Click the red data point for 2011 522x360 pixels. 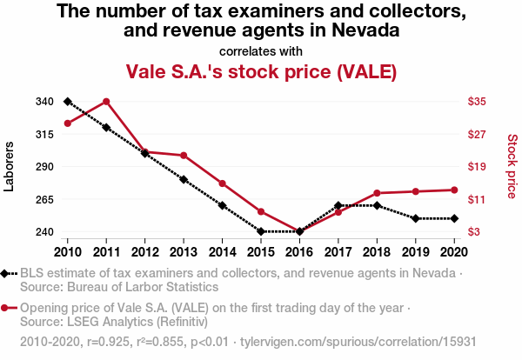point(106,102)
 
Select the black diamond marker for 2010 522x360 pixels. point(68,102)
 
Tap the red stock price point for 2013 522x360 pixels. point(184,156)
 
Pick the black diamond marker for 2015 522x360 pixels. point(261,231)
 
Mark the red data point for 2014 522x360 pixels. point(223,183)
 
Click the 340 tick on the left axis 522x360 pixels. point(45,102)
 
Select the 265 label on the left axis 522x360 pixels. point(45,200)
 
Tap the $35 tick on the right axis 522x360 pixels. point(477,102)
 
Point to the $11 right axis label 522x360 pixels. point(477,200)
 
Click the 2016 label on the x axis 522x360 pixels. point(300,251)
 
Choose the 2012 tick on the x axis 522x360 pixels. point(145,251)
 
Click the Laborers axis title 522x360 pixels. point(10,166)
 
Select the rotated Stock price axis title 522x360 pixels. point(512,166)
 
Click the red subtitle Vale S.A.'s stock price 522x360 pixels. point(261,70)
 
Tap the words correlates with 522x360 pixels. point(261,50)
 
